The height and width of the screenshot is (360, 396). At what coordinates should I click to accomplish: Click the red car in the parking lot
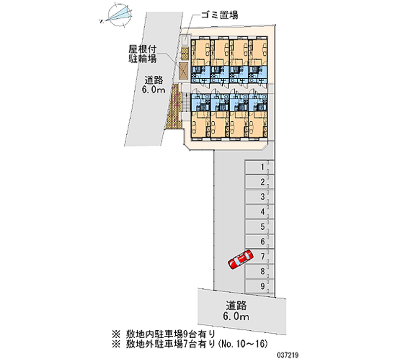(239, 259)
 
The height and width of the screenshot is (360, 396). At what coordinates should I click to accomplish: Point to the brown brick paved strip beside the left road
(175, 106)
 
